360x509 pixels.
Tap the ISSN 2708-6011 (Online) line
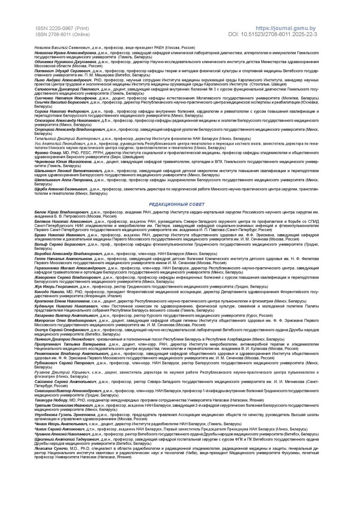click(60, 34)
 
